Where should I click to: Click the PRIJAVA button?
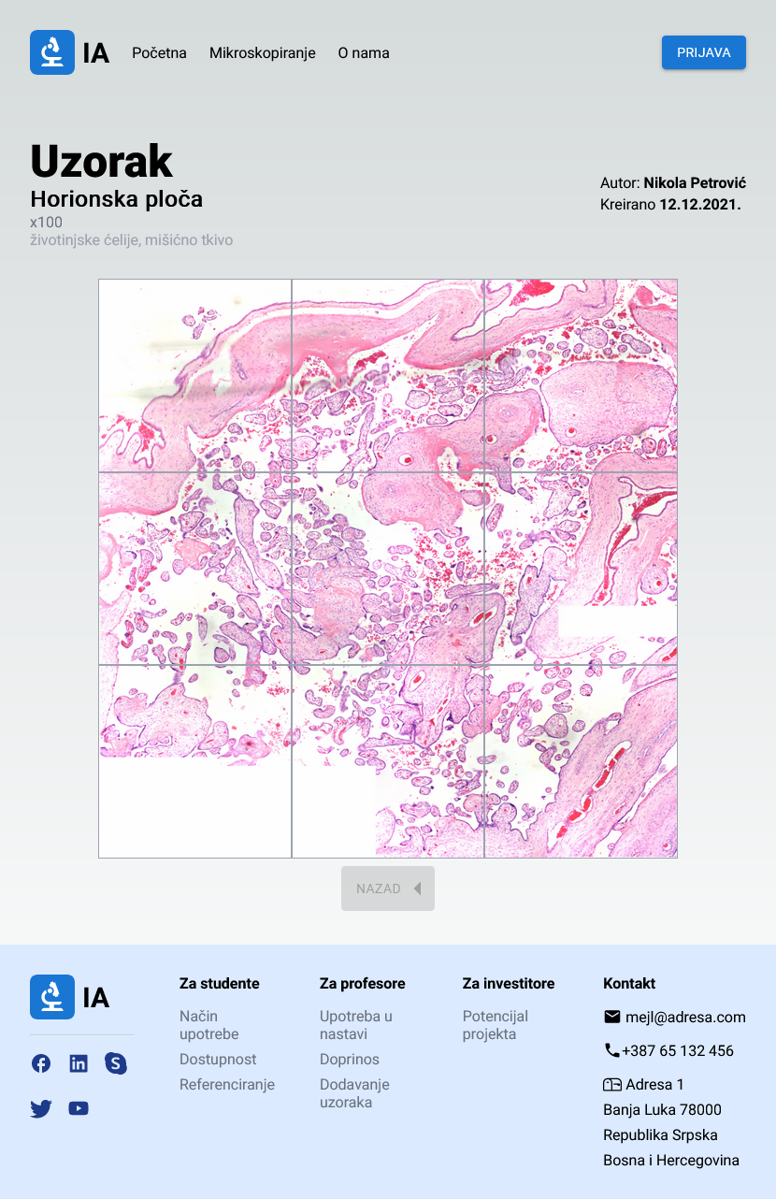click(x=703, y=52)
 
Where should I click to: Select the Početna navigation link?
click(x=159, y=52)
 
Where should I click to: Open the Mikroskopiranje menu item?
click(x=263, y=52)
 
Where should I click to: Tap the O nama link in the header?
click(x=364, y=52)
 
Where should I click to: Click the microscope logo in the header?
click(x=52, y=52)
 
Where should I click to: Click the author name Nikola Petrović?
click(x=695, y=183)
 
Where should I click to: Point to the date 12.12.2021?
click(x=700, y=204)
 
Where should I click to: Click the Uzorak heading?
click(x=101, y=161)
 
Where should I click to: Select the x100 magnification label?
click(x=46, y=223)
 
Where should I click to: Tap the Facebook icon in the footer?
click(x=41, y=1063)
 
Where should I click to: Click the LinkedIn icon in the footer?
click(x=79, y=1063)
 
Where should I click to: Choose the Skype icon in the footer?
click(x=116, y=1063)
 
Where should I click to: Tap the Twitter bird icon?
click(x=41, y=1108)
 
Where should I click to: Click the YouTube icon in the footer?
click(x=79, y=1108)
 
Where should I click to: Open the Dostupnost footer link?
click(x=218, y=1060)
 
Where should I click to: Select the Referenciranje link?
click(x=227, y=1085)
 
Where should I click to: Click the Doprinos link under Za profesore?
click(x=350, y=1060)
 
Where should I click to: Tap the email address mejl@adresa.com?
click(x=685, y=1017)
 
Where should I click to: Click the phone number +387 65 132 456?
click(x=678, y=1050)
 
